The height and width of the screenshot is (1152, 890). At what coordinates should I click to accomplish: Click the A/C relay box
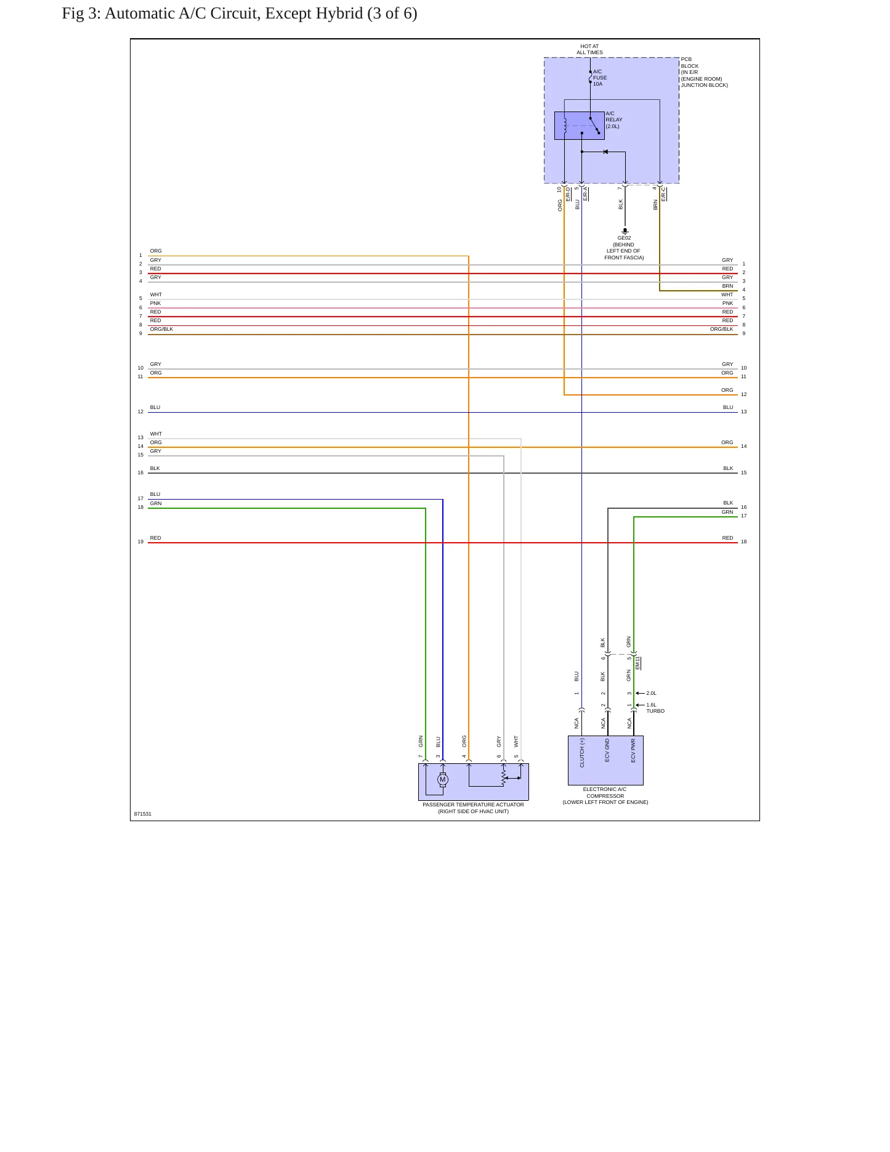[579, 126]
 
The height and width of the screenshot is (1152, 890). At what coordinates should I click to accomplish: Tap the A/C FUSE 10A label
[600, 78]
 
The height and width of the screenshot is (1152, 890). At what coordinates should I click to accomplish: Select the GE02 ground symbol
[625, 231]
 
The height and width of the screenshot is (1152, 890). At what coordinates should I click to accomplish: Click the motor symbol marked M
[442, 780]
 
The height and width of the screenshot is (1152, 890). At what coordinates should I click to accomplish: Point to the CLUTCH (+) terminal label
[582, 753]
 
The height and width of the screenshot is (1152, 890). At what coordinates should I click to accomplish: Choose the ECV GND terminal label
[607, 750]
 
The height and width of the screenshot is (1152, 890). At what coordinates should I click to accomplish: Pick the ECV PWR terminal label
[633, 751]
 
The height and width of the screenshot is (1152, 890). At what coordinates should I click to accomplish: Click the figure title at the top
[240, 14]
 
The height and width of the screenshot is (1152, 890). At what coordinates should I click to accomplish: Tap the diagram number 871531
[143, 814]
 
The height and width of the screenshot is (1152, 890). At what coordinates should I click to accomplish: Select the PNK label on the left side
[155, 303]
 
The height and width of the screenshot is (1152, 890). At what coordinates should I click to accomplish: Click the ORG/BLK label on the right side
[722, 329]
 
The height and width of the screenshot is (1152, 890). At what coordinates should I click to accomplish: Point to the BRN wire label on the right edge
[728, 286]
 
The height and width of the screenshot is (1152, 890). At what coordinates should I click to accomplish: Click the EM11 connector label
[638, 663]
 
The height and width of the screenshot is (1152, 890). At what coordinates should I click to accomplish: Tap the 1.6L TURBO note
[655, 708]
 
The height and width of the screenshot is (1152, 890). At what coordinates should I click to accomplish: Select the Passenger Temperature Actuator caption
[473, 808]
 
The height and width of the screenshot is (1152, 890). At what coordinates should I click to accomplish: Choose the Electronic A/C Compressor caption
[605, 795]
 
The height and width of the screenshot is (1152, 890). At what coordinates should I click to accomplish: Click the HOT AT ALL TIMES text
[590, 49]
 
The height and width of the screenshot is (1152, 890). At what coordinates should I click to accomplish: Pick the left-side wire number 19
[140, 542]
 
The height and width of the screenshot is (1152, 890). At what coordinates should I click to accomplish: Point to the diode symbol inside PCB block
[605, 152]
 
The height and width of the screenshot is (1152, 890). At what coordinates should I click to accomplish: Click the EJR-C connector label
[664, 194]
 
